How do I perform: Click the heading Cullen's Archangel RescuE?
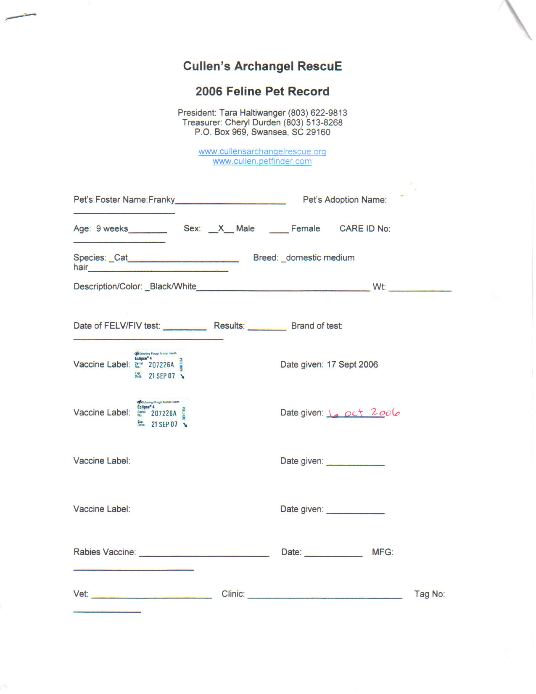pyautogui.click(x=262, y=66)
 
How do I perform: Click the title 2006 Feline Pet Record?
pyautogui.click(x=262, y=91)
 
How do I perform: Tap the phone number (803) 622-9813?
pyautogui.click(x=317, y=113)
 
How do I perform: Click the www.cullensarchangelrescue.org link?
pyautogui.click(x=262, y=151)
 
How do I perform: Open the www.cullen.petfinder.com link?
pyautogui.click(x=262, y=161)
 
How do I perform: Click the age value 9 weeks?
pyautogui.click(x=112, y=228)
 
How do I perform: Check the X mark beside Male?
pyautogui.click(x=221, y=228)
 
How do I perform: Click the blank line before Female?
pyautogui.click(x=279, y=231)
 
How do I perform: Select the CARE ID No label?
pyautogui.click(x=364, y=228)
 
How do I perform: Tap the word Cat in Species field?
pyautogui.click(x=121, y=257)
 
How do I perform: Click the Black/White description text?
pyautogui.click(x=173, y=286)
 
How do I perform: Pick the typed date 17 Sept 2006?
pyautogui.click(x=352, y=364)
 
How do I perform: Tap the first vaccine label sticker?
pyautogui.click(x=159, y=364)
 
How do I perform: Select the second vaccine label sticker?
pyautogui.click(x=162, y=413)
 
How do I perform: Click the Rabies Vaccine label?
pyautogui.click(x=105, y=552)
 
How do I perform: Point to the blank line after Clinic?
pyautogui.click(x=325, y=596)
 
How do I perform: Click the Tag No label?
pyautogui.click(x=429, y=594)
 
